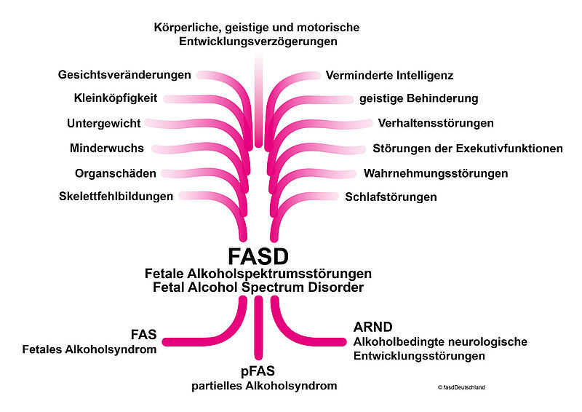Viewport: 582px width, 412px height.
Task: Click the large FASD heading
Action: pyautogui.click(x=258, y=255)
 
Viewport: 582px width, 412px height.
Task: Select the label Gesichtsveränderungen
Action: pyautogui.click(x=124, y=75)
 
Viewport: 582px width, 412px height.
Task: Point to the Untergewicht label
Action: pyautogui.click(x=104, y=123)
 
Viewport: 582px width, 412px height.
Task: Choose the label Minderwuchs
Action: pyautogui.click(x=107, y=148)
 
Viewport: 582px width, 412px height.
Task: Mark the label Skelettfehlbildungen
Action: pyautogui.click(x=116, y=197)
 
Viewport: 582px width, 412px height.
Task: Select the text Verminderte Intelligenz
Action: pyautogui.click(x=390, y=75)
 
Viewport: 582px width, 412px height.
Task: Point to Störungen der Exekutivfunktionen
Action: pyautogui.click(x=468, y=148)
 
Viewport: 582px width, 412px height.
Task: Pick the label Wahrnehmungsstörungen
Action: pyautogui.click(x=436, y=173)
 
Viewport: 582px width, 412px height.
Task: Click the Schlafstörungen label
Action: pyautogui.click(x=391, y=197)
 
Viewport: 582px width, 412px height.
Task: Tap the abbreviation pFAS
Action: pyautogui.click(x=258, y=371)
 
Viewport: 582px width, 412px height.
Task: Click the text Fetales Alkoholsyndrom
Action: pyautogui.click(x=90, y=350)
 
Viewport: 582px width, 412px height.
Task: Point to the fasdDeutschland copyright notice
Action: pyautogui.click(x=461, y=387)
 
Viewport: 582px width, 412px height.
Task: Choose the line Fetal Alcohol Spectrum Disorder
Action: pyautogui.click(x=258, y=288)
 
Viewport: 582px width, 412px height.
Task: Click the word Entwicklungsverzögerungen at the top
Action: pyautogui.click(x=258, y=41)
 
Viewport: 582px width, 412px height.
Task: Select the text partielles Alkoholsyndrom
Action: pyautogui.click(x=258, y=385)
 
